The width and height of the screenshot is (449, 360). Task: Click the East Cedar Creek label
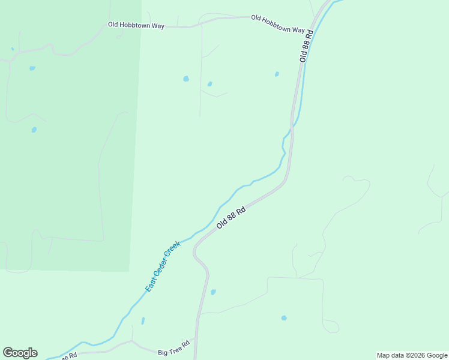coord(163,266)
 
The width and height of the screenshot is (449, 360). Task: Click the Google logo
coord(20,353)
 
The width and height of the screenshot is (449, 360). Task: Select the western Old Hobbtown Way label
coord(136,25)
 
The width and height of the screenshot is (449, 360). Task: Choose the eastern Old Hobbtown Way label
coord(278,24)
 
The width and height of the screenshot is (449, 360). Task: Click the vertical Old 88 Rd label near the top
coord(307,45)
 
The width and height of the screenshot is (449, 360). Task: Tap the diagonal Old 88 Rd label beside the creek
coord(232,217)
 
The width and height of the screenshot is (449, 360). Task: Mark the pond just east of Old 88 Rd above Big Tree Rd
coord(213,292)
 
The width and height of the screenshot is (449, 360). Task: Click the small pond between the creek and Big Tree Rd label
coord(143,320)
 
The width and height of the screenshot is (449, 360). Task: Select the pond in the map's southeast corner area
coord(284,318)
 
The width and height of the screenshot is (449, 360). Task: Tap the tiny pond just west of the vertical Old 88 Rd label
coord(277,74)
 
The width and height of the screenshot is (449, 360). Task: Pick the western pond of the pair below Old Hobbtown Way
coord(186,79)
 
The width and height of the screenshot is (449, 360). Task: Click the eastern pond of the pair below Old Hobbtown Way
coord(209,84)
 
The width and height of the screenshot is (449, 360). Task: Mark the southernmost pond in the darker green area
coord(34,130)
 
